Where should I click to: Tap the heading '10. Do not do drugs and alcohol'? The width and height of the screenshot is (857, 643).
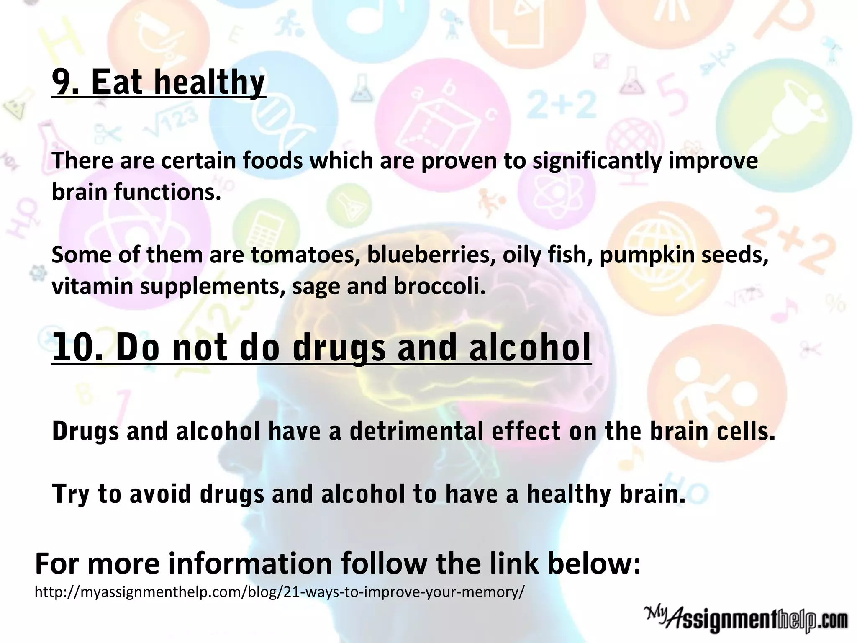point(321,347)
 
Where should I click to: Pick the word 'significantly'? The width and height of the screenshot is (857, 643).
point(597,161)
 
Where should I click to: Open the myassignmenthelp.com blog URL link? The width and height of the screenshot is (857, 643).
point(279,592)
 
